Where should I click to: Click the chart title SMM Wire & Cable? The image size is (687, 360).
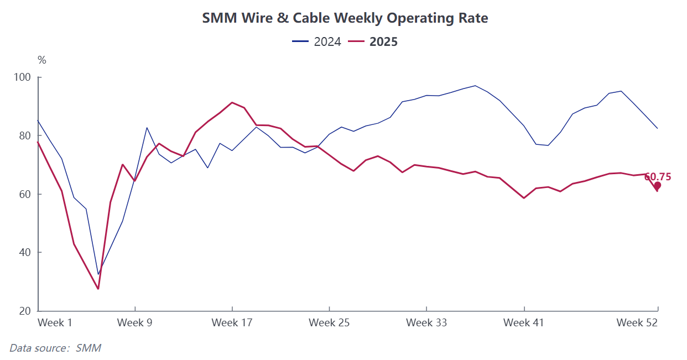345,18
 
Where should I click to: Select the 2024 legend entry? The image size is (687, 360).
317,41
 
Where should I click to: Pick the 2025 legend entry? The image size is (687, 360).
374,41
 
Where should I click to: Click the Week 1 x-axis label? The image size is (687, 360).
55,322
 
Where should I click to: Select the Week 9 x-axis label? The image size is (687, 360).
134,322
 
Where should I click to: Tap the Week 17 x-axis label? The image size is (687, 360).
232,322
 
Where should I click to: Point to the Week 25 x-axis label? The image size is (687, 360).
329,322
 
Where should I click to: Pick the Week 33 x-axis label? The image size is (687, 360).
426,322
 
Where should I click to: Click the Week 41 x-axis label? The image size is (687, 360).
523,322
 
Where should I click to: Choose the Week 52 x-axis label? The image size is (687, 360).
637,322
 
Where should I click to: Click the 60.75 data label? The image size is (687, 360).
658,177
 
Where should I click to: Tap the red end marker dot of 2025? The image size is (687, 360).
657,186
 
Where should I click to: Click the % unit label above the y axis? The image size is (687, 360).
41,60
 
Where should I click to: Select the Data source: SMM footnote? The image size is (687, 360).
55,348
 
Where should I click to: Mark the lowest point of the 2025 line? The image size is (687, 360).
98,289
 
